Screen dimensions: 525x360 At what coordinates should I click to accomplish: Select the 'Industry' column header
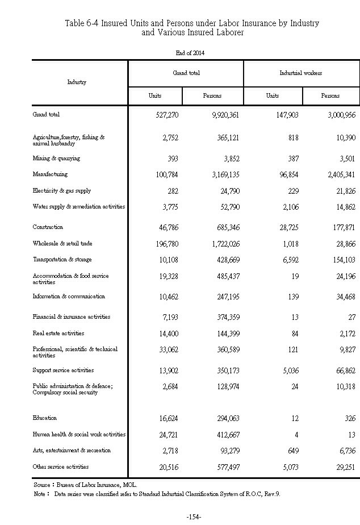(x=77, y=82)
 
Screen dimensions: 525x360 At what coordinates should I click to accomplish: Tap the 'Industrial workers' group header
(x=301, y=73)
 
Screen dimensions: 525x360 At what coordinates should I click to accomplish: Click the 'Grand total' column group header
(x=186, y=73)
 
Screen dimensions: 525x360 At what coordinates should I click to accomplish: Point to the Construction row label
(x=48, y=227)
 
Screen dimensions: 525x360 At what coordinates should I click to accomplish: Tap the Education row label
(x=45, y=418)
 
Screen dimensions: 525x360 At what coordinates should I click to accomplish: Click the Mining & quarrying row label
(x=56, y=159)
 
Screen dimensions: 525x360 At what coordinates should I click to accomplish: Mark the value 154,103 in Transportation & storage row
(x=339, y=260)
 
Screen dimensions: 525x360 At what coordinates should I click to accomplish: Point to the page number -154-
(x=194, y=517)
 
